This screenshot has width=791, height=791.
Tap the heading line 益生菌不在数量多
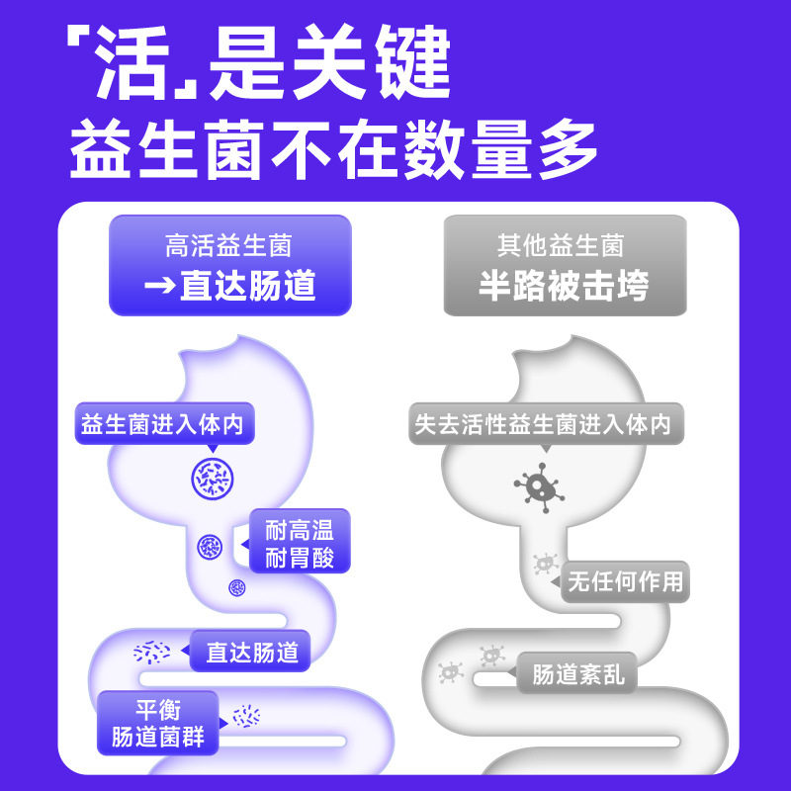[334, 150]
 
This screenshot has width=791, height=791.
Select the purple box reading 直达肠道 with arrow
[229, 265]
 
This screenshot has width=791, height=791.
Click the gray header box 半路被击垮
[564, 265]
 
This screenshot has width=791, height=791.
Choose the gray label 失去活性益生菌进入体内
[543, 425]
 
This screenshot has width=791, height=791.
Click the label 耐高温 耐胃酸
[300, 545]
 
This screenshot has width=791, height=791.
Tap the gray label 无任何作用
[625, 581]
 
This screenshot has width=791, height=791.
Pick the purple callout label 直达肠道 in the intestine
[250, 653]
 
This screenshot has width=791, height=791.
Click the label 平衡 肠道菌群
[157, 722]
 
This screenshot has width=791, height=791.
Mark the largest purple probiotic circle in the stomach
[213, 479]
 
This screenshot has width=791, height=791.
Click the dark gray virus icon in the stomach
[538, 483]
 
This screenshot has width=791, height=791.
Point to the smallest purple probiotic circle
[236, 587]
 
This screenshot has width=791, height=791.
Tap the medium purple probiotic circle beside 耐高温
[210, 545]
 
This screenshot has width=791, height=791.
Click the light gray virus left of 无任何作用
[541, 565]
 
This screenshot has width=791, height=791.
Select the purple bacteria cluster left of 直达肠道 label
[152, 652]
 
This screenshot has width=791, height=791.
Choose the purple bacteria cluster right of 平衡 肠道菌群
[246, 715]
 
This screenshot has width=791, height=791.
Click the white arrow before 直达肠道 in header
[159, 286]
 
